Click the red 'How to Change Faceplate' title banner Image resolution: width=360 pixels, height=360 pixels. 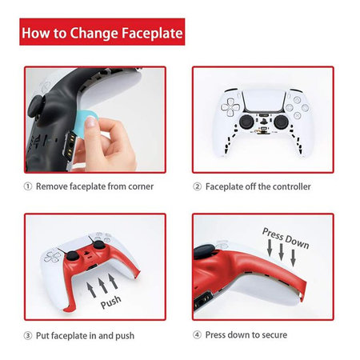[101, 34]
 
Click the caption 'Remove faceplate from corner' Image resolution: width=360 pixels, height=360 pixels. [93, 186]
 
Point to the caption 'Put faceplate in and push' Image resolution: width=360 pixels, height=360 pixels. [90, 334]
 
